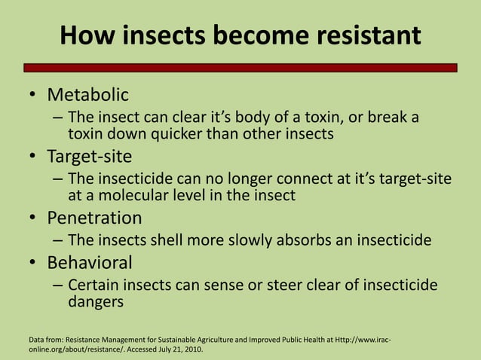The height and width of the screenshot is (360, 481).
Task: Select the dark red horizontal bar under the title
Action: coord(240,68)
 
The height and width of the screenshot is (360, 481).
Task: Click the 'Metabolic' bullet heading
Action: coord(88,95)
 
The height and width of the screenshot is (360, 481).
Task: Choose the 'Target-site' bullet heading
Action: coord(90,157)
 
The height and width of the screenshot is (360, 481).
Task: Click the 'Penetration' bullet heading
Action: coord(94,218)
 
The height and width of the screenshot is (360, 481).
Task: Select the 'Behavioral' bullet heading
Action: coord(90,263)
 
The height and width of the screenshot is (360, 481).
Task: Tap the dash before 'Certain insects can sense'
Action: coord(58,286)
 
